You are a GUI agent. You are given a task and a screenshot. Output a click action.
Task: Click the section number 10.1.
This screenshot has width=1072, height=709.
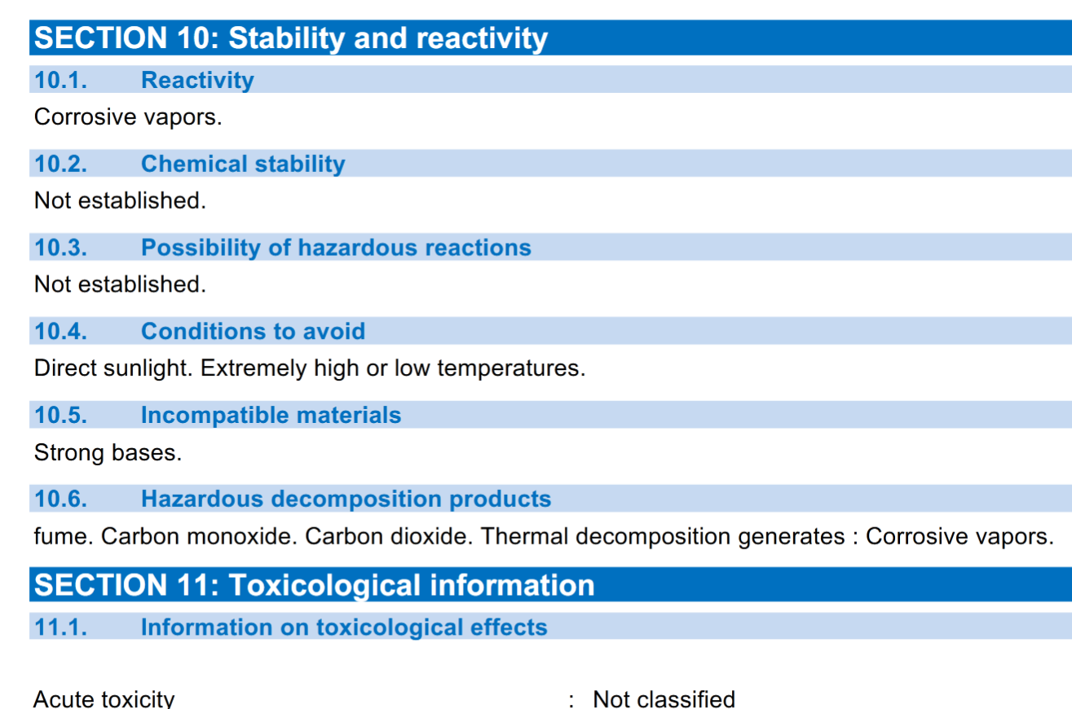61,80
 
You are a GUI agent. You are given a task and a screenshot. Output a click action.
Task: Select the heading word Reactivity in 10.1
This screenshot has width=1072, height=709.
197,81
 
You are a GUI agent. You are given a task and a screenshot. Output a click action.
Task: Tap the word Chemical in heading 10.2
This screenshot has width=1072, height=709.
193,164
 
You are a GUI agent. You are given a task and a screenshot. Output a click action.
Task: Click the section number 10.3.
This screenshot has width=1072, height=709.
61,248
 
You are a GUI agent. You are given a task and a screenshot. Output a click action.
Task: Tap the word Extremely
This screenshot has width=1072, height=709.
254,368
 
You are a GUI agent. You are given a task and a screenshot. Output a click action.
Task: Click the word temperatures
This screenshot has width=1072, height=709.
511,368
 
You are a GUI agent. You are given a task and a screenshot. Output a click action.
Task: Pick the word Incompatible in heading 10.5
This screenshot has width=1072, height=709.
215,415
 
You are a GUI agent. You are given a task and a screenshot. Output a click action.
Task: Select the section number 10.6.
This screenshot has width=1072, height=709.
61,499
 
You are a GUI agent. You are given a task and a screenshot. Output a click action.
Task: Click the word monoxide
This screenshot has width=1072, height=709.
241,536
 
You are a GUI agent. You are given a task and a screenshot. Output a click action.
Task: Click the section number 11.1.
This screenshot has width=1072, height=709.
61,628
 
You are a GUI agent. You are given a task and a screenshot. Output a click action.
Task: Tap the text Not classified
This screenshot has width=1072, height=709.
664,699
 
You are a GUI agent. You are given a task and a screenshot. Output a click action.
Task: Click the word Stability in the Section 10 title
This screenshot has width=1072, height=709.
286,38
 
